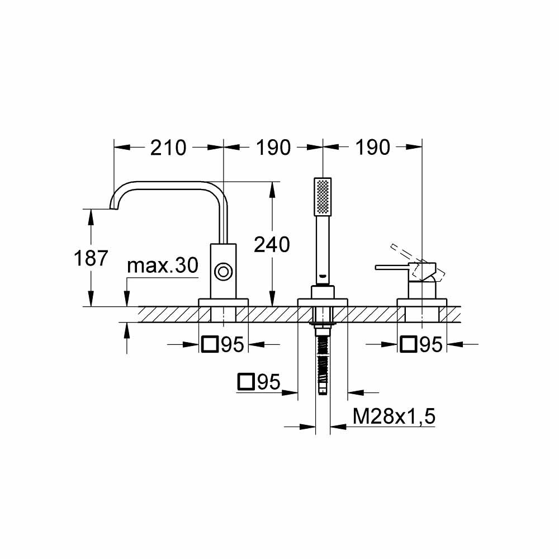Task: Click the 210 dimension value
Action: click(168, 148)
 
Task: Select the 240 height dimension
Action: click(272, 244)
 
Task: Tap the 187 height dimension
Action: click(91, 258)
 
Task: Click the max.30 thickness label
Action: click(162, 266)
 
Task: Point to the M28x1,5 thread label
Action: click(394, 416)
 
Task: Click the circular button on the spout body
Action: click(223, 272)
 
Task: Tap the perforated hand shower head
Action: click(323, 196)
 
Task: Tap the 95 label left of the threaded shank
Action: click(269, 382)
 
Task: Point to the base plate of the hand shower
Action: click(323, 302)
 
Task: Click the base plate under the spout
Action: click(223, 302)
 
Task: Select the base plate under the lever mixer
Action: click(421, 302)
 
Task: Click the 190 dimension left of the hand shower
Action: click(273, 148)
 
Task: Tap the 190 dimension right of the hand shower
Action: click(372, 148)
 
